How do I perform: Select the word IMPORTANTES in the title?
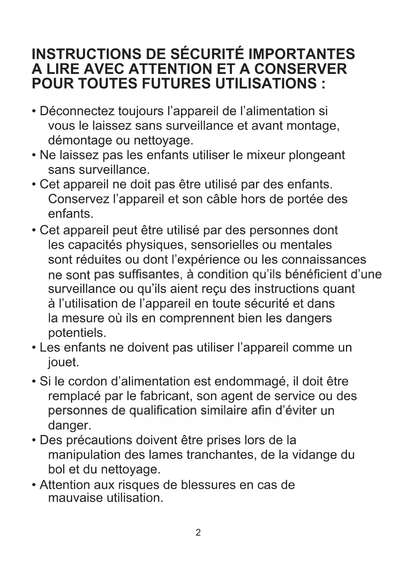point(302,54)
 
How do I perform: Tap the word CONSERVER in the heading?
point(301,69)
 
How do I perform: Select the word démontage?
point(80,141)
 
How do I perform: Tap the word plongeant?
point(317,155)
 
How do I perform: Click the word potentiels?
point(77,333)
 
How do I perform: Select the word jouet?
point(63,362)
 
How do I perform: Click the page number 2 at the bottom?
point(198,532)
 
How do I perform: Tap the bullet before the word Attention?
point(34,485)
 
